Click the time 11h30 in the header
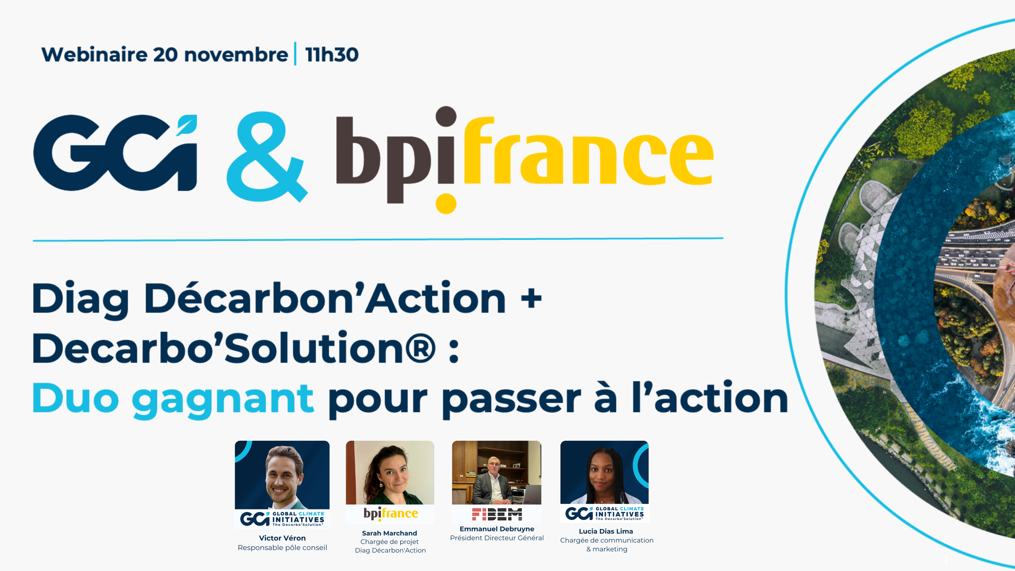332,54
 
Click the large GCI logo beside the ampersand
115,153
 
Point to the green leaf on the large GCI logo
186,125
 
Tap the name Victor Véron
282,538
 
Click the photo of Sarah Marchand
390,473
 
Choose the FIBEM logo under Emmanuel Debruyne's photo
497,514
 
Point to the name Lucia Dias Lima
606,531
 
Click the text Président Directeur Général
497,538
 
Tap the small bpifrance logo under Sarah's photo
390,514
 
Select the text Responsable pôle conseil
282,547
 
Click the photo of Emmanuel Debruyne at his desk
496,473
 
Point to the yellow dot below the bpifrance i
446,204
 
